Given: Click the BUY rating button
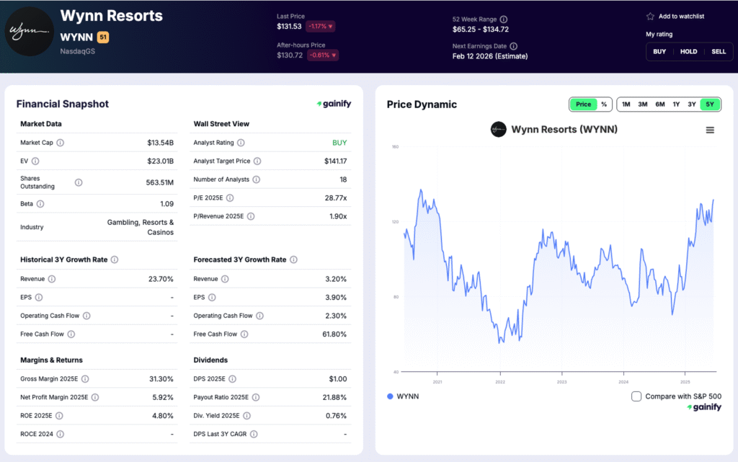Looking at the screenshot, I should point(659,51).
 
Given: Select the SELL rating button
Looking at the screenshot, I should point(719,51).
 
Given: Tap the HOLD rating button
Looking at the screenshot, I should point(689,51).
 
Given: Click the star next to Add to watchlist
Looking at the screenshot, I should point(650,16).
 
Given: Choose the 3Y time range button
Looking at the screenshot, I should point(692,105).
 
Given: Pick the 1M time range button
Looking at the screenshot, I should point(626,105).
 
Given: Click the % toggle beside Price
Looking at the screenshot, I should point(604,105).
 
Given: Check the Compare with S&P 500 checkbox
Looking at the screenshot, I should point(636,396).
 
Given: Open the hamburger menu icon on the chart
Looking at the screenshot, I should point(710,130).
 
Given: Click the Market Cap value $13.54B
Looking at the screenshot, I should point(160,143).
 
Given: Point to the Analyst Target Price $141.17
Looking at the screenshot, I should point(335,161).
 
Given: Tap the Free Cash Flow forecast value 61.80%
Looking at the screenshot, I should point(334,334).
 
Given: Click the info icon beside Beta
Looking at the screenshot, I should point(40,204).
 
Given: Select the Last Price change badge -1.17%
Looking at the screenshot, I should point(321,27).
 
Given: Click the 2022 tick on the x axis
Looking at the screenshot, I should point(499,382).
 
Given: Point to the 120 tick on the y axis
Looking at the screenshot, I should point(394,222).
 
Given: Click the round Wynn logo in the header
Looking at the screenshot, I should point(30,30).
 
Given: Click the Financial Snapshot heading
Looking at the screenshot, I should point(63,104).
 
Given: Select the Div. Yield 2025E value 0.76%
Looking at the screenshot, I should point(335,415).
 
